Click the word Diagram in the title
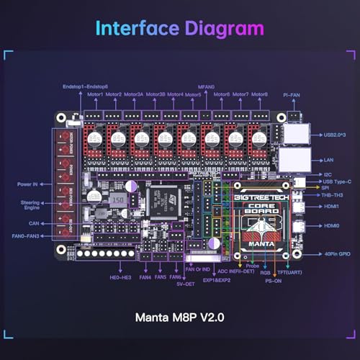click(x=224, y=29)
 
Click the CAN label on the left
click(x=34, y=223)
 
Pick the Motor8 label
click(x=260, y=94)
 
